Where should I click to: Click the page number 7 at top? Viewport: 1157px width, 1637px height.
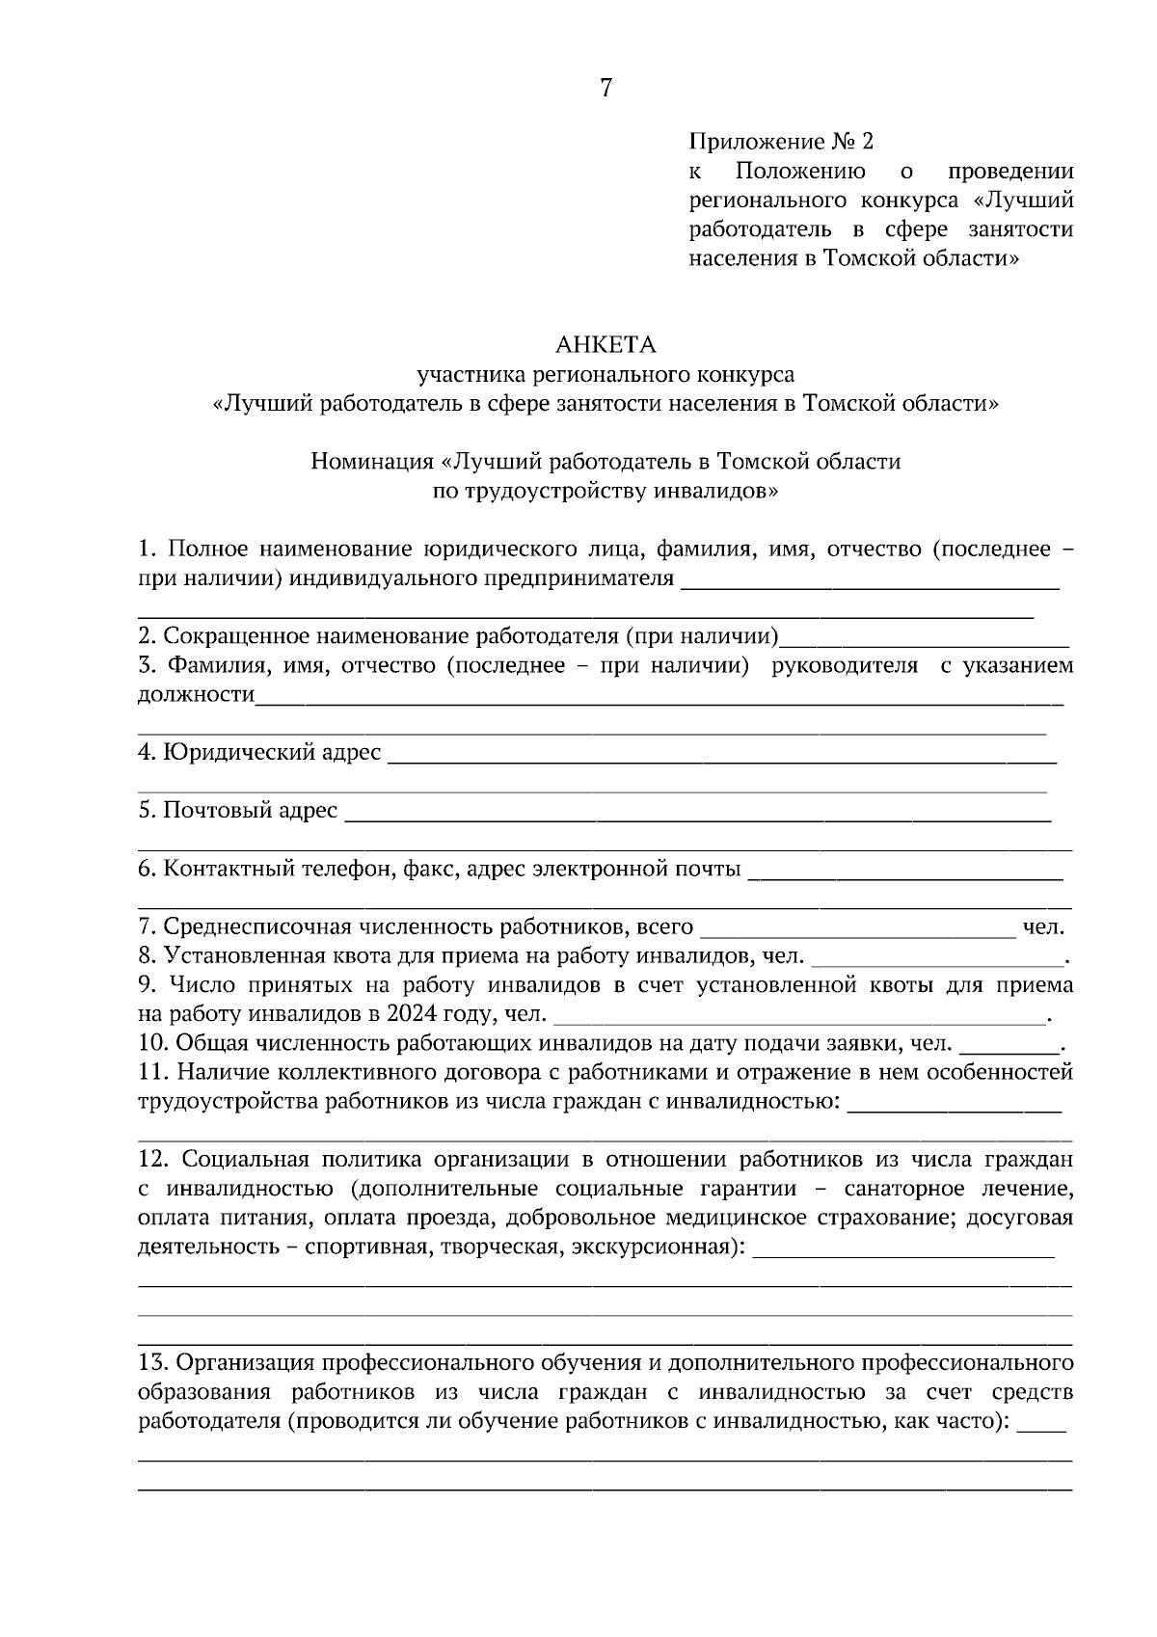coord(605,89)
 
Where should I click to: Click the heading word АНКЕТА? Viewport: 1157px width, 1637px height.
coord(605,344)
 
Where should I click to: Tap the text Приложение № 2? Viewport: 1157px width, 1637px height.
coord(781,143)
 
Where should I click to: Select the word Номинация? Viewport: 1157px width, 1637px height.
coord(372,462)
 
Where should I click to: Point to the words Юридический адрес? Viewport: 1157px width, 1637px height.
coord(273,752)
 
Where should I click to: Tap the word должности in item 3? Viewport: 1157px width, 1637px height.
coord(196,694)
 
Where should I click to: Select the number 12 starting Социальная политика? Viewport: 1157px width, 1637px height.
coord(154,1159)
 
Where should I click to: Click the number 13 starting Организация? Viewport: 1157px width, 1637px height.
coord(154,1363)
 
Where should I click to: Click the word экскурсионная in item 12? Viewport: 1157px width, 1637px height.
coord(653,1247)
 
